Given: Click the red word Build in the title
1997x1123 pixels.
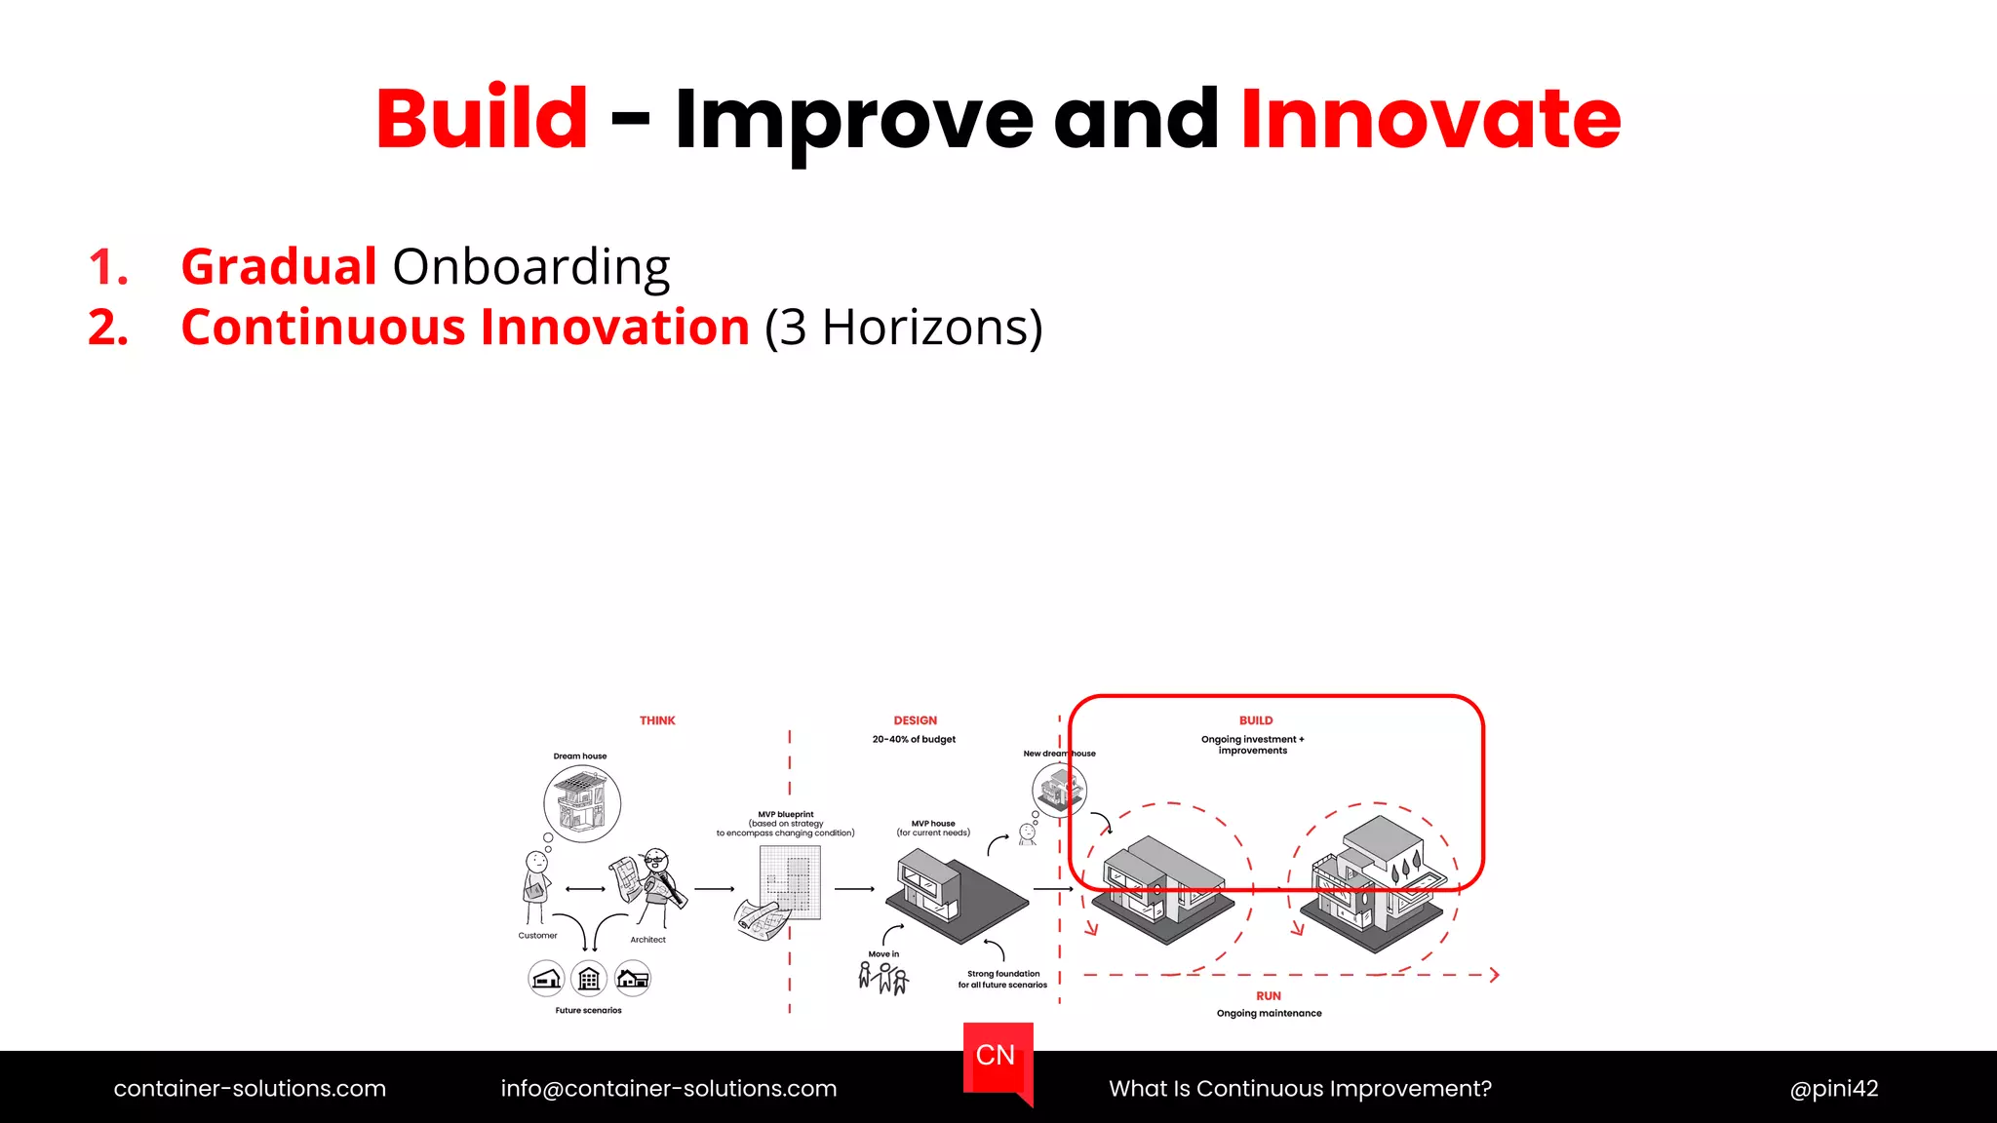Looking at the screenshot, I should point(482,119).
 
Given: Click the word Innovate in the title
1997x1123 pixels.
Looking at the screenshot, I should point(1429,119).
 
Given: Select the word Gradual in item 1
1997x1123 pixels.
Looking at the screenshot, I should point(279,266).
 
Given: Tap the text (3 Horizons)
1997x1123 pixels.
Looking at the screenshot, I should point(903,328).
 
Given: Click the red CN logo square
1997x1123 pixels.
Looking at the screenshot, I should point(997,1057).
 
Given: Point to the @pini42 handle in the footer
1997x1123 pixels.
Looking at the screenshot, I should point(1833,1088).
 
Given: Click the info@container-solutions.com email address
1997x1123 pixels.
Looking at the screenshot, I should point(668,1088).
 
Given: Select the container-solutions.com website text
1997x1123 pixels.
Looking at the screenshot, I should point(250,1088).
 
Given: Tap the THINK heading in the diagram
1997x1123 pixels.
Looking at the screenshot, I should point(657,720).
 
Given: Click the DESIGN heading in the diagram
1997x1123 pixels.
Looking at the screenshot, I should point(915,720).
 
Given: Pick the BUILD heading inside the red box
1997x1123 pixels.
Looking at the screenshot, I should point(1256,720).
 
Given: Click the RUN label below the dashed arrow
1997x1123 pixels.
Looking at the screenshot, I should point(1268,995).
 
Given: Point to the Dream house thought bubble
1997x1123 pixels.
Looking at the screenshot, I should point(582,804).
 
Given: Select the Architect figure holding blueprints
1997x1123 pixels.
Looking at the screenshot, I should point(653,887).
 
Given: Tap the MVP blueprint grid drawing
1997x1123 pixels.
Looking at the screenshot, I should point(790,882).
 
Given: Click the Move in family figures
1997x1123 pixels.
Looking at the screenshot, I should point(883,977).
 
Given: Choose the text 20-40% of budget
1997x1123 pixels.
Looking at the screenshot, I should point(914,739).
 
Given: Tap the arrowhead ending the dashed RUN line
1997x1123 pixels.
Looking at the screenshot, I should point(1494,974).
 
